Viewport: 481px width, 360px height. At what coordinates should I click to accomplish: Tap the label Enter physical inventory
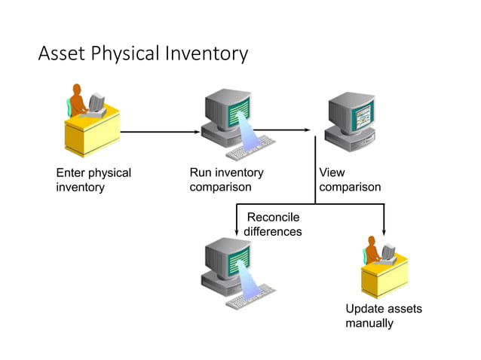93,179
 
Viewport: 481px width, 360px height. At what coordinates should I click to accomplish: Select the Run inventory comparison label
226,179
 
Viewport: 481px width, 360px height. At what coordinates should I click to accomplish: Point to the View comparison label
349,179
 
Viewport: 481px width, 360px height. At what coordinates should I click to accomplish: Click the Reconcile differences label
273,224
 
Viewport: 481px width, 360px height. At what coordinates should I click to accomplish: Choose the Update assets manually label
383,316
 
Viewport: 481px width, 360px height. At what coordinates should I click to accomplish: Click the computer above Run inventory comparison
230,121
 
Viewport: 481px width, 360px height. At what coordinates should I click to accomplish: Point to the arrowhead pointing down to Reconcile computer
237,230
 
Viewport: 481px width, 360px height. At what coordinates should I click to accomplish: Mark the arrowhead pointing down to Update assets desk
384,230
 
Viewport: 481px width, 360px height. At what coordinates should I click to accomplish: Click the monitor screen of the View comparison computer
353,114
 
